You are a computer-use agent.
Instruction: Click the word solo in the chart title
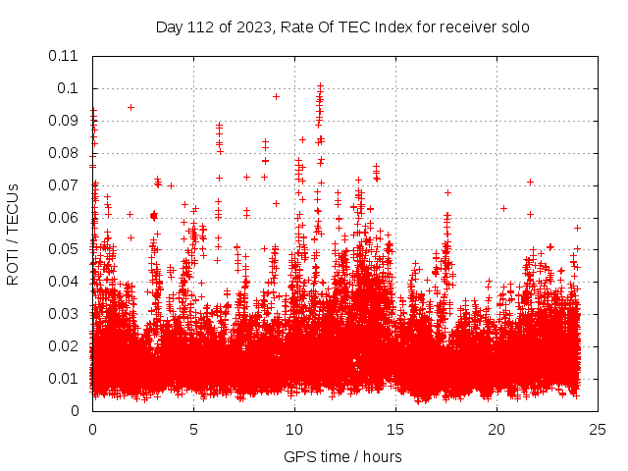tap(514, 27)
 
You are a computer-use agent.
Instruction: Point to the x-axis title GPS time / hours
tap(342, 456)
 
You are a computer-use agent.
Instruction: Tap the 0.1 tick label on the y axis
tap(68, 88)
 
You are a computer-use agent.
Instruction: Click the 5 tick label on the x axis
tap(193, 429)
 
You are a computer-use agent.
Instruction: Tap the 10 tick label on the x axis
tap(294, 429)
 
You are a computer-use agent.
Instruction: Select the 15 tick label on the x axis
tap(395, 429)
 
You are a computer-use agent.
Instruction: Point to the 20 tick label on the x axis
tap(497, 429)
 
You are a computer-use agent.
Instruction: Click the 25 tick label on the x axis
tap(598, 429)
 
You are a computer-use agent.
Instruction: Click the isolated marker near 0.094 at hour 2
tap(131, 107)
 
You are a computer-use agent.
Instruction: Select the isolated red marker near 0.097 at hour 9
tap(276, 96)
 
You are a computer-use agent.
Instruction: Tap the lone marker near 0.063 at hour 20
tap(503, 208)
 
